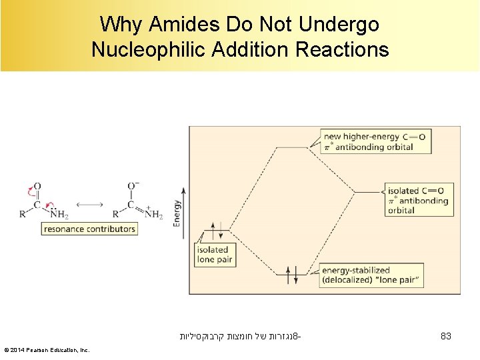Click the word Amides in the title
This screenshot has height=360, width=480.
click(x=174, y=25)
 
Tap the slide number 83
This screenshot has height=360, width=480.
click(x=446, y=337)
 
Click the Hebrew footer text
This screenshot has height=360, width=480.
click(x=239, y=337)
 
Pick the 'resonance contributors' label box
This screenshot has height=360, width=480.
click(x=89, y=229)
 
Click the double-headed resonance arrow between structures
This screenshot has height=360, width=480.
click(x=89, y=204)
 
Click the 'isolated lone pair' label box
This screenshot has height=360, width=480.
click(x=213, y=255)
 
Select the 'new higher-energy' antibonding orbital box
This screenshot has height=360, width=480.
click(x=373, y=141)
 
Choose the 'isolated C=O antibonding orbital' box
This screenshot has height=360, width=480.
click(x=419, y=200)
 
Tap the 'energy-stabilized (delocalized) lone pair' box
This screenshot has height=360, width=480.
click(x=371, y=275)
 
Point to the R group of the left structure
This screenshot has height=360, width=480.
click(x=23, y=215)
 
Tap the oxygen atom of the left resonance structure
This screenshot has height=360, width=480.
click(x=37, y=187)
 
